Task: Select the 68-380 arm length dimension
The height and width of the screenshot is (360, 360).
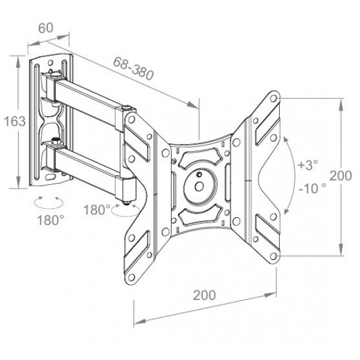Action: click(134, 65)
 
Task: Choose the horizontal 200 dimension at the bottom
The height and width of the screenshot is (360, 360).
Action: click(204, 296)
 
